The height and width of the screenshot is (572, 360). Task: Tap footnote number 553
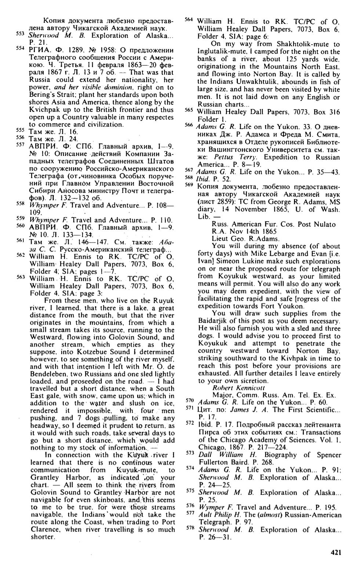click(x=21, y=34)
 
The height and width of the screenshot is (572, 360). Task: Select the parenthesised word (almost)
click(x=269, y=515)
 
